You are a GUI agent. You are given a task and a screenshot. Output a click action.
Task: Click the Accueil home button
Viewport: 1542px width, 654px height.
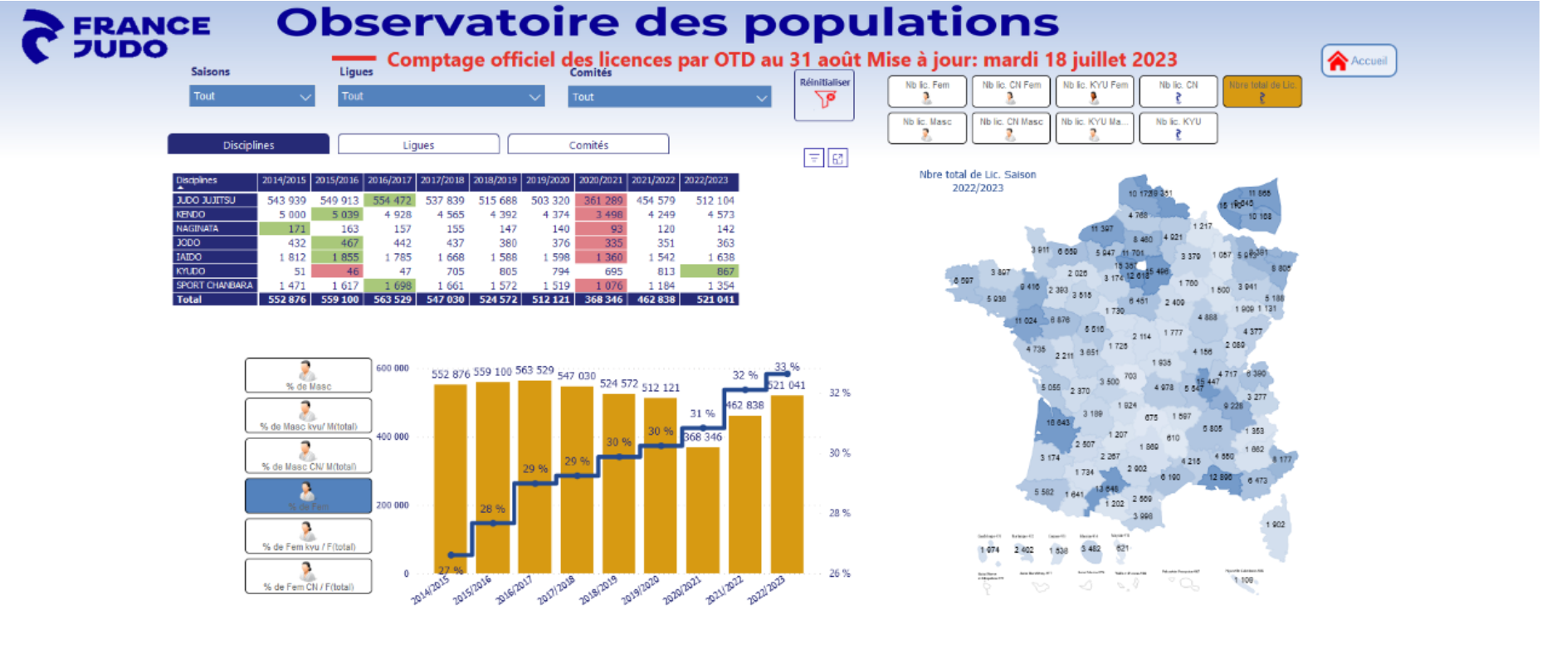(1359, 61)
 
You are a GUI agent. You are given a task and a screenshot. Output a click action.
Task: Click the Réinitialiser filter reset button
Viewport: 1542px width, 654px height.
(824, 95)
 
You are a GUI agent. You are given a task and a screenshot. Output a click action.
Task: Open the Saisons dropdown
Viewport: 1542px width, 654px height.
(251, 96)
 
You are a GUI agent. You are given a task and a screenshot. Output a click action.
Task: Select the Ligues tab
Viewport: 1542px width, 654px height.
(418, 144)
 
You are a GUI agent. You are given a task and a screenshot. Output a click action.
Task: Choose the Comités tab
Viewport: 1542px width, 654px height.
(588, 144)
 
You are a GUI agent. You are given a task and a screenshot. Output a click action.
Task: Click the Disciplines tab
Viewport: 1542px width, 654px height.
(248, 144)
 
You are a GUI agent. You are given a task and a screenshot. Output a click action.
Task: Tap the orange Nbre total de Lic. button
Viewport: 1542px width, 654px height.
(1261, 90)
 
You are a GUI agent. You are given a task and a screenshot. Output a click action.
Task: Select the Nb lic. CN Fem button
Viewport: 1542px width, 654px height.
(1011, 90)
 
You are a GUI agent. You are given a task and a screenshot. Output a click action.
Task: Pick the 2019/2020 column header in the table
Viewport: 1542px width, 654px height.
(548, 180)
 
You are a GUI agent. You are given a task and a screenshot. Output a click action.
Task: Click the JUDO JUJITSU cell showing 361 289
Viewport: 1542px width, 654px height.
(603, 200)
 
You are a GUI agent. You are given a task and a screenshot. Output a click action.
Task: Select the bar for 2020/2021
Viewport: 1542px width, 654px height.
(702, 510)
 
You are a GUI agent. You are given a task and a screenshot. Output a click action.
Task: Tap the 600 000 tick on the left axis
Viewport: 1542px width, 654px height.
(393, 368)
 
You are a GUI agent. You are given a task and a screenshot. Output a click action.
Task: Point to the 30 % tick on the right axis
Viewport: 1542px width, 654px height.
(839, 453)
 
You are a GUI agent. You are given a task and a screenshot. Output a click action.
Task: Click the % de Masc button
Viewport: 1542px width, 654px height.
(308, 375)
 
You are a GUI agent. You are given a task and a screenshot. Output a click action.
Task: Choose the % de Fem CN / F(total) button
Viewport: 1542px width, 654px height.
(308, 576)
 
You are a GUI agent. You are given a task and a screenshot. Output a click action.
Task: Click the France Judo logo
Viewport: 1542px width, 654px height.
(116, 37)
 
